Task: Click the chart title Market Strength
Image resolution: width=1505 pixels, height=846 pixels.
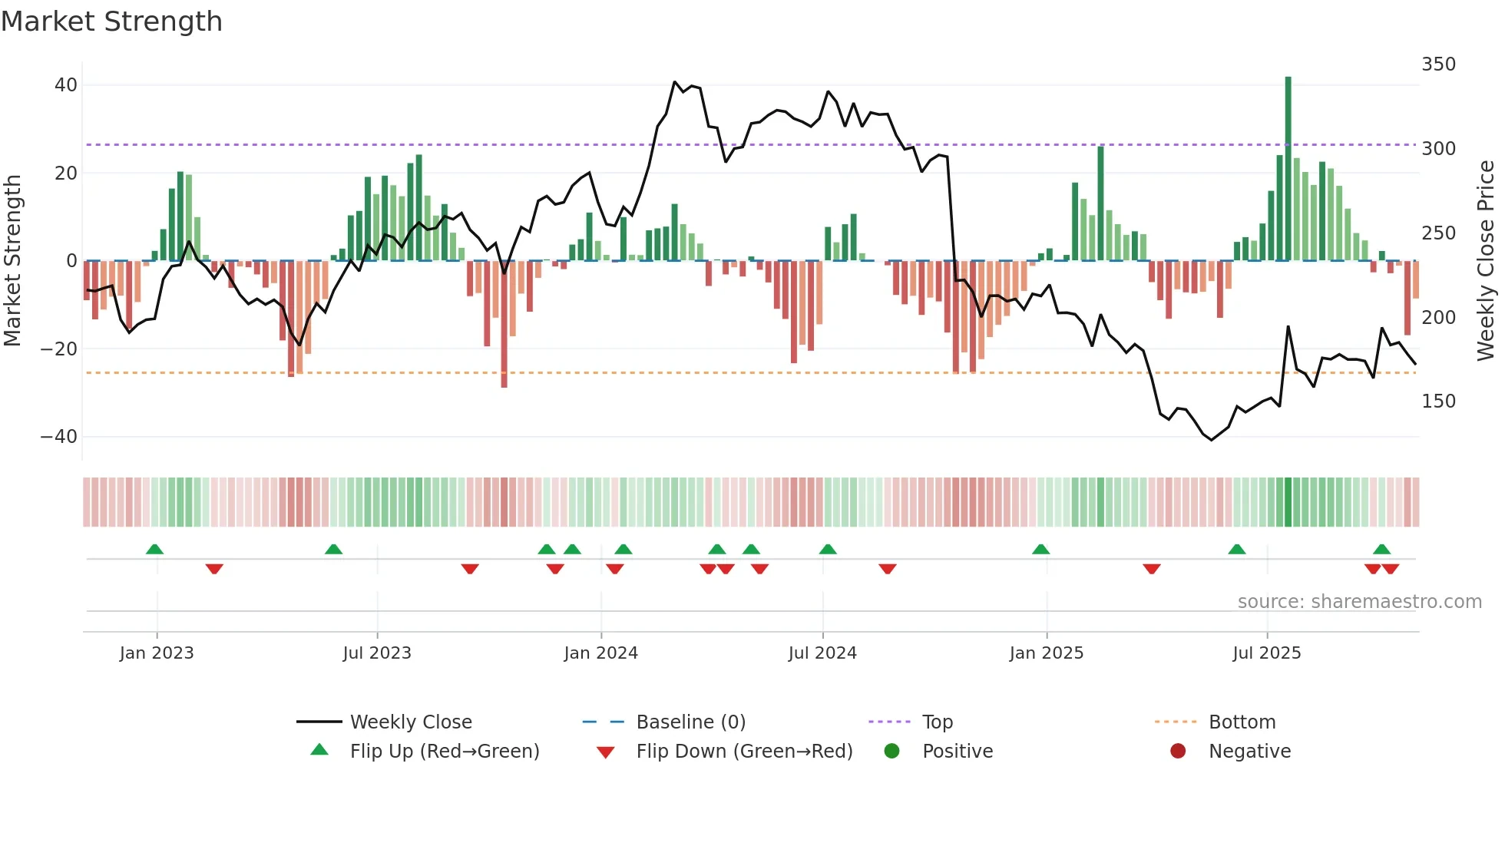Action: [111, 21]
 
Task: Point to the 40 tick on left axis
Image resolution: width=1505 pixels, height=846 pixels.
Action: [66, 85]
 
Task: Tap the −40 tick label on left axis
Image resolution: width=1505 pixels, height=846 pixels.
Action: [59, 437]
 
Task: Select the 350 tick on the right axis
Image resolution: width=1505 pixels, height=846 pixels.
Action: [1438, 64]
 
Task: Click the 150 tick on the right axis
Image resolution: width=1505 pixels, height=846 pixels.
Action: [1438, 402]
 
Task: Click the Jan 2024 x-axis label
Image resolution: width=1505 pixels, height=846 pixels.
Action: [600, 653]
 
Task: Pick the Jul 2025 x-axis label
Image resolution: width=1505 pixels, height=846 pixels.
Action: [1266, 653]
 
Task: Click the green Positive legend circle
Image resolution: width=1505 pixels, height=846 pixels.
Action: [891, 751]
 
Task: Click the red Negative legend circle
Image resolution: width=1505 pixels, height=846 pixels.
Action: [1178, 751]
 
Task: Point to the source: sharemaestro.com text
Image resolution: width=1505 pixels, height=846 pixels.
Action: [1359, 602]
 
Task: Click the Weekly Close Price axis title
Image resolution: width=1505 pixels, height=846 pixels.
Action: [1486, 261]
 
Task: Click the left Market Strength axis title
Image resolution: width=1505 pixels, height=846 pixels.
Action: [13, 261]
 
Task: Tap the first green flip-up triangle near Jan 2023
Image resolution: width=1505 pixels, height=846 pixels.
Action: [154, 549]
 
